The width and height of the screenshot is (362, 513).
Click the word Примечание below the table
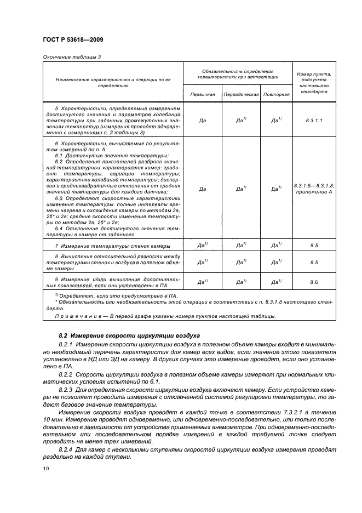[77, 316]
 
